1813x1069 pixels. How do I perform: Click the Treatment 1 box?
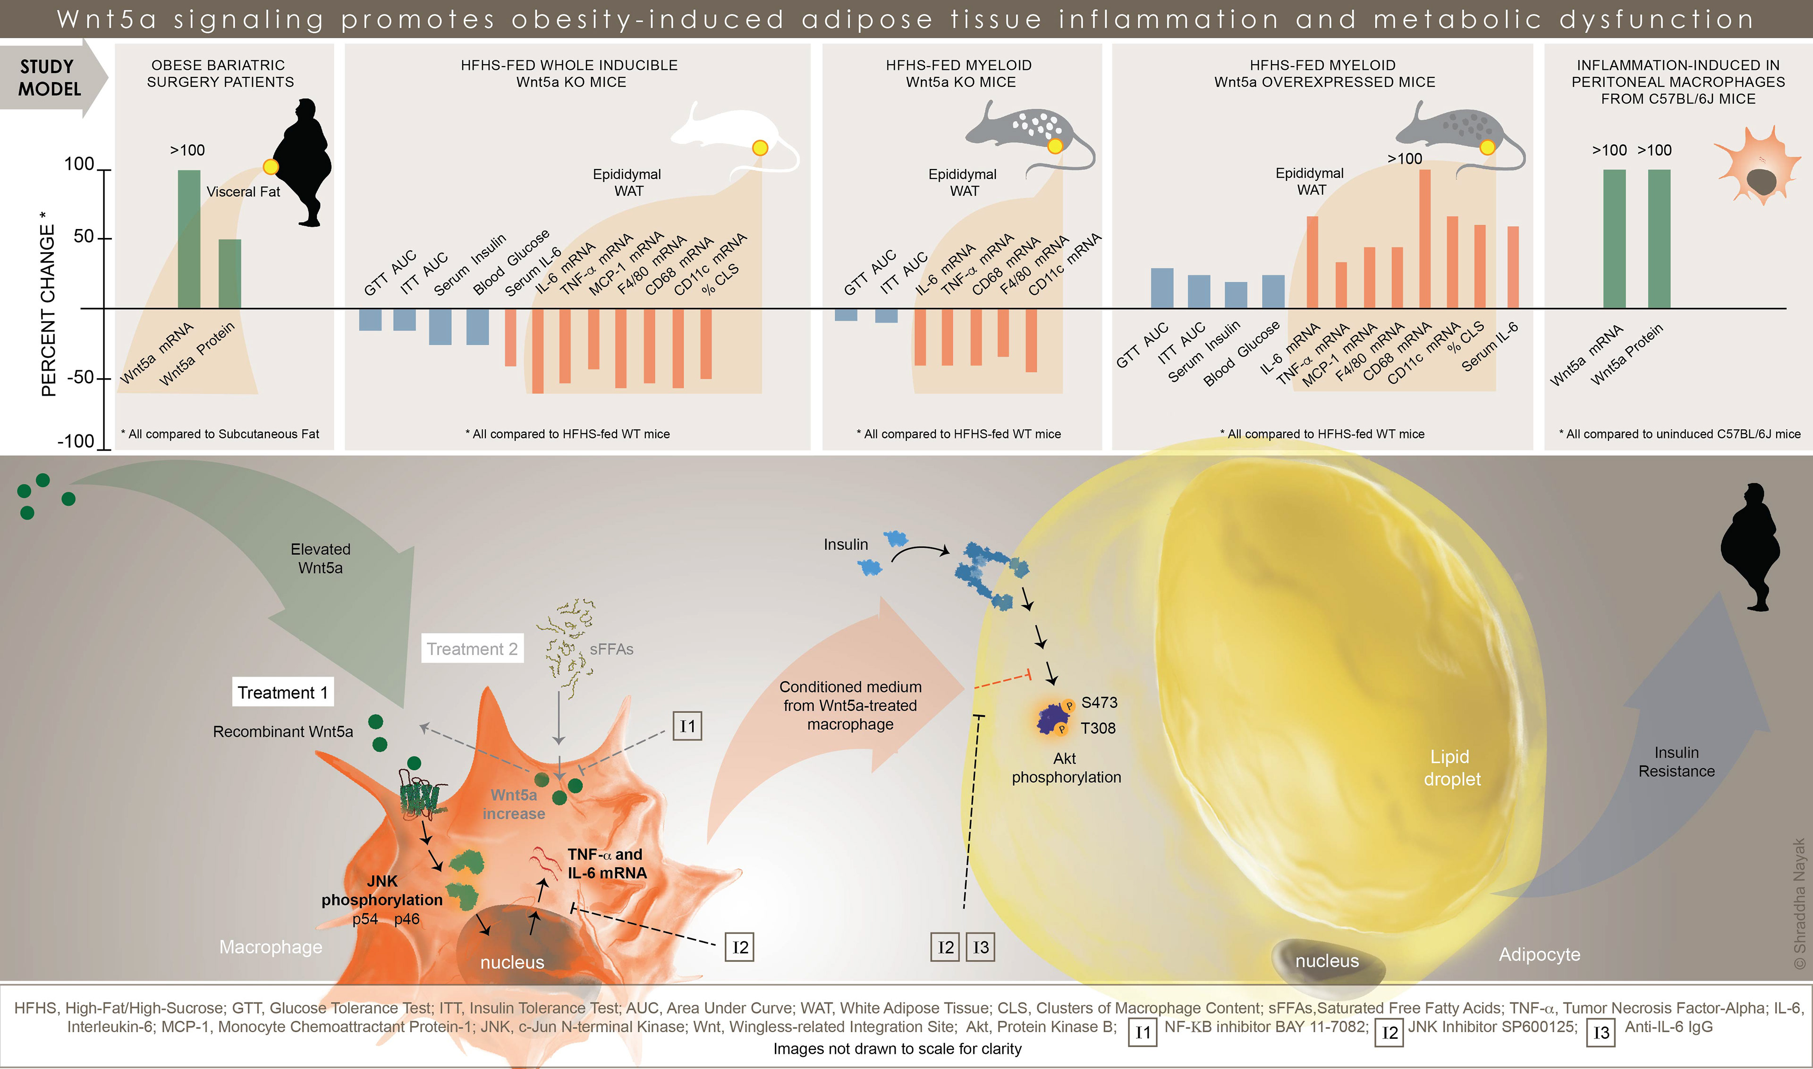282,692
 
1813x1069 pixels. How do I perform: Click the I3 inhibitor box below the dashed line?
980,947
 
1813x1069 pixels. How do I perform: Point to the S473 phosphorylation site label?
1099,702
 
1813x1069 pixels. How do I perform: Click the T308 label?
1098,728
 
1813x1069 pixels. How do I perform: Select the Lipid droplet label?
1451,768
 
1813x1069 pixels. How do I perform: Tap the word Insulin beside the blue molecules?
846,544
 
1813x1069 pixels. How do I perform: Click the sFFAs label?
611,649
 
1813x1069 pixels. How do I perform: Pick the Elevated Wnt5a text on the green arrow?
321,558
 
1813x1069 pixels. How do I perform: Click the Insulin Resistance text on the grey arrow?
1676,762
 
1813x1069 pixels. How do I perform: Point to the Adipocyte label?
1539,954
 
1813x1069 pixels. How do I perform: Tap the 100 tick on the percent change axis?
79,164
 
